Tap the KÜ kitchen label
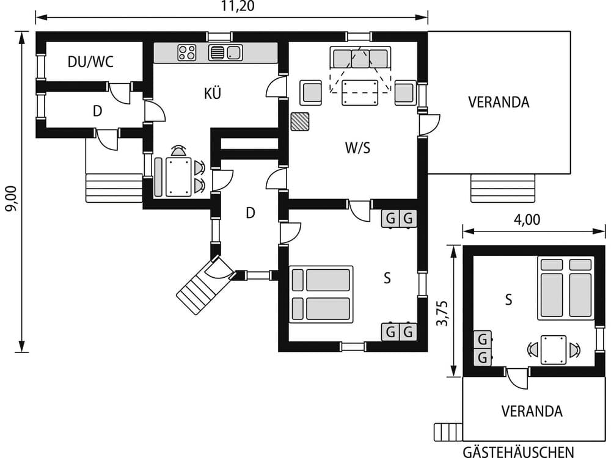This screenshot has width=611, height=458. [213, 93]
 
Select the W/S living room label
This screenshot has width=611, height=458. [357, 148]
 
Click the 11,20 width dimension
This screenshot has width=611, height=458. [238, 7]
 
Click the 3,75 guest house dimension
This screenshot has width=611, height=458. [441, 312]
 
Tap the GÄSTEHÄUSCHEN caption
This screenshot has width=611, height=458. [518, 452]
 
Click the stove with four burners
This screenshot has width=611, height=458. [187, 53]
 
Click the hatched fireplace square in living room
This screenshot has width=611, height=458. [300, 122]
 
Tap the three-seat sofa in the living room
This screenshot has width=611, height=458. [360, 59]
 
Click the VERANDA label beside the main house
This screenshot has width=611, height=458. [499, 102]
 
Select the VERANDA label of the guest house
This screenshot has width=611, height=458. [532, 411]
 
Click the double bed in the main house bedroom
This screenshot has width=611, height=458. [321, 294]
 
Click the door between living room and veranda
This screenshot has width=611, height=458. [428, 125]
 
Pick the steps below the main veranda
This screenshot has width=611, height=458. [502, 188]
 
